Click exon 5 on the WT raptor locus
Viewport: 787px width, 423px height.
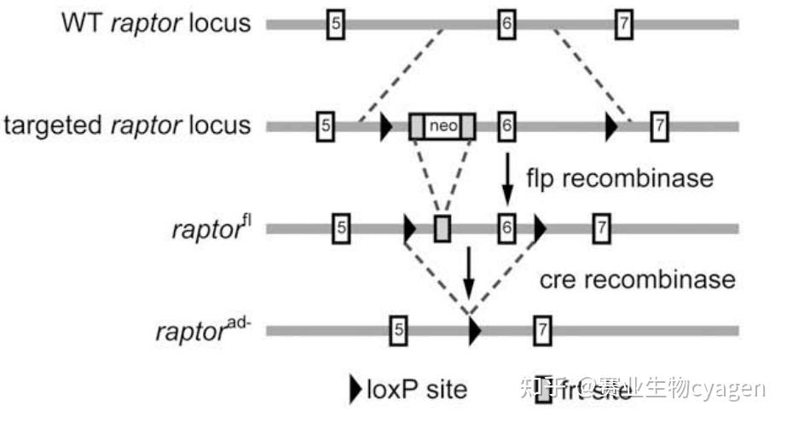coord(335,24)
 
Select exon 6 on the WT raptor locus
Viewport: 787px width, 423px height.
coord(506,24)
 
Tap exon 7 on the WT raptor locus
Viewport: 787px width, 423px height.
coord(624,24)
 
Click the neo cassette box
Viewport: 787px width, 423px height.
coord(443,126)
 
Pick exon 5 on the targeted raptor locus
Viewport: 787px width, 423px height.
coord(324,126)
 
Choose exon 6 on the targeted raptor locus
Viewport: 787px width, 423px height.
coord(506,126)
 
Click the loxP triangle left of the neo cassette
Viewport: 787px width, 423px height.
coord(385,126)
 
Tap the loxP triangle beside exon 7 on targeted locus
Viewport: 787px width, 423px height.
coord(611,126)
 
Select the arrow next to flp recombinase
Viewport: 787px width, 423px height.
coord(507,177)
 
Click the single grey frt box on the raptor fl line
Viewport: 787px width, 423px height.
coord(442,228)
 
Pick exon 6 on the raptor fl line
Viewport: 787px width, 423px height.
coord(506,228)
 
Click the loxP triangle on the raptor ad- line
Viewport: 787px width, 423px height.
coord(475,330)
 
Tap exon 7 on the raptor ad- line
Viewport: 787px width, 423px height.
coord(541,330)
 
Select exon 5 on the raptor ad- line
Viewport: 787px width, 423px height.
coord(397,330)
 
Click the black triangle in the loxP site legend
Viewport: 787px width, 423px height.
coord(356,389)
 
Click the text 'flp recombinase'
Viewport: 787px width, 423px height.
coord(619,178)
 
